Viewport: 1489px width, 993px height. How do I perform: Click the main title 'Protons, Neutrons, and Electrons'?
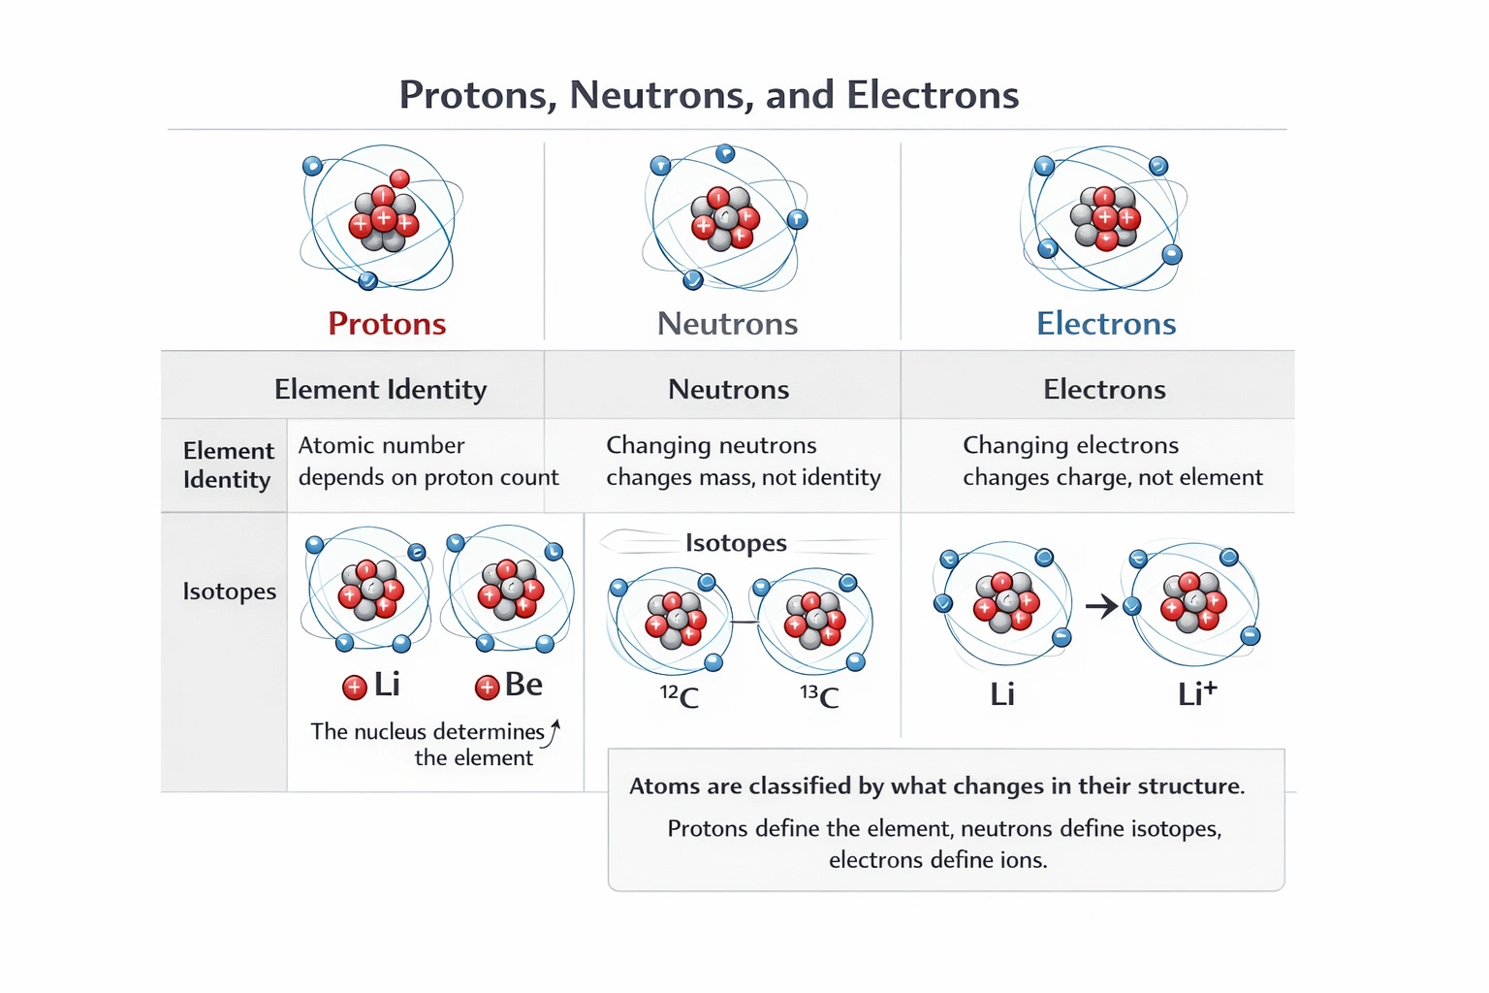tap(709, 95)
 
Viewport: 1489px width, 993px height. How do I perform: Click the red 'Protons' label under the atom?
tap(387, 323)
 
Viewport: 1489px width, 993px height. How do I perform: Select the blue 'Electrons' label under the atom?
tap(1105, 323)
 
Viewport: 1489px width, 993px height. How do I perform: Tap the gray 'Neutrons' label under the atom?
tap(727, 323)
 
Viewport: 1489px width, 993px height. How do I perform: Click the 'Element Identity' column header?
tap(380, 389)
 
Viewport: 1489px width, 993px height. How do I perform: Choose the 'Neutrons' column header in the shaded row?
tap(728, 389)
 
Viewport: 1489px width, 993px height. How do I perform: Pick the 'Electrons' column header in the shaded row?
tap(1104, 389)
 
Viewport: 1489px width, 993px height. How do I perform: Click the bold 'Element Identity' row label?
tap(228, 464)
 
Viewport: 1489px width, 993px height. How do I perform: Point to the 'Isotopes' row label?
tap(229, 591)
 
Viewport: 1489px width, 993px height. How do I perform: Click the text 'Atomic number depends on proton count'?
tap(428, 461)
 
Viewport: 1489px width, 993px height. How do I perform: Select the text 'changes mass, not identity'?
tap(744, 477)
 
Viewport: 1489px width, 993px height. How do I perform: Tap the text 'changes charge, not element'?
tap(1112, 477)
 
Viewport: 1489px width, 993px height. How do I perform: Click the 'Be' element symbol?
tap(523, 685)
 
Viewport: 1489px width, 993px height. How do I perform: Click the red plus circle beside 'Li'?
tap(355, 688)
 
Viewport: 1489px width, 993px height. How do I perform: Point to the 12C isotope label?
tap(680, 696)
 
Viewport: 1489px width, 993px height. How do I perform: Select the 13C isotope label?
tap(819, 696)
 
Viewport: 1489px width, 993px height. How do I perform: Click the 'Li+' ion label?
tap(1196, 693)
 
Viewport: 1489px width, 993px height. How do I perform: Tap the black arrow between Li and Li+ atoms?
tap(1101, 607)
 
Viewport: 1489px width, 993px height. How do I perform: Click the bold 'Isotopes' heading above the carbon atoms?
tap(736, 543)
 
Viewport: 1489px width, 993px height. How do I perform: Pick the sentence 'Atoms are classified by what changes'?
tap(935, 785)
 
